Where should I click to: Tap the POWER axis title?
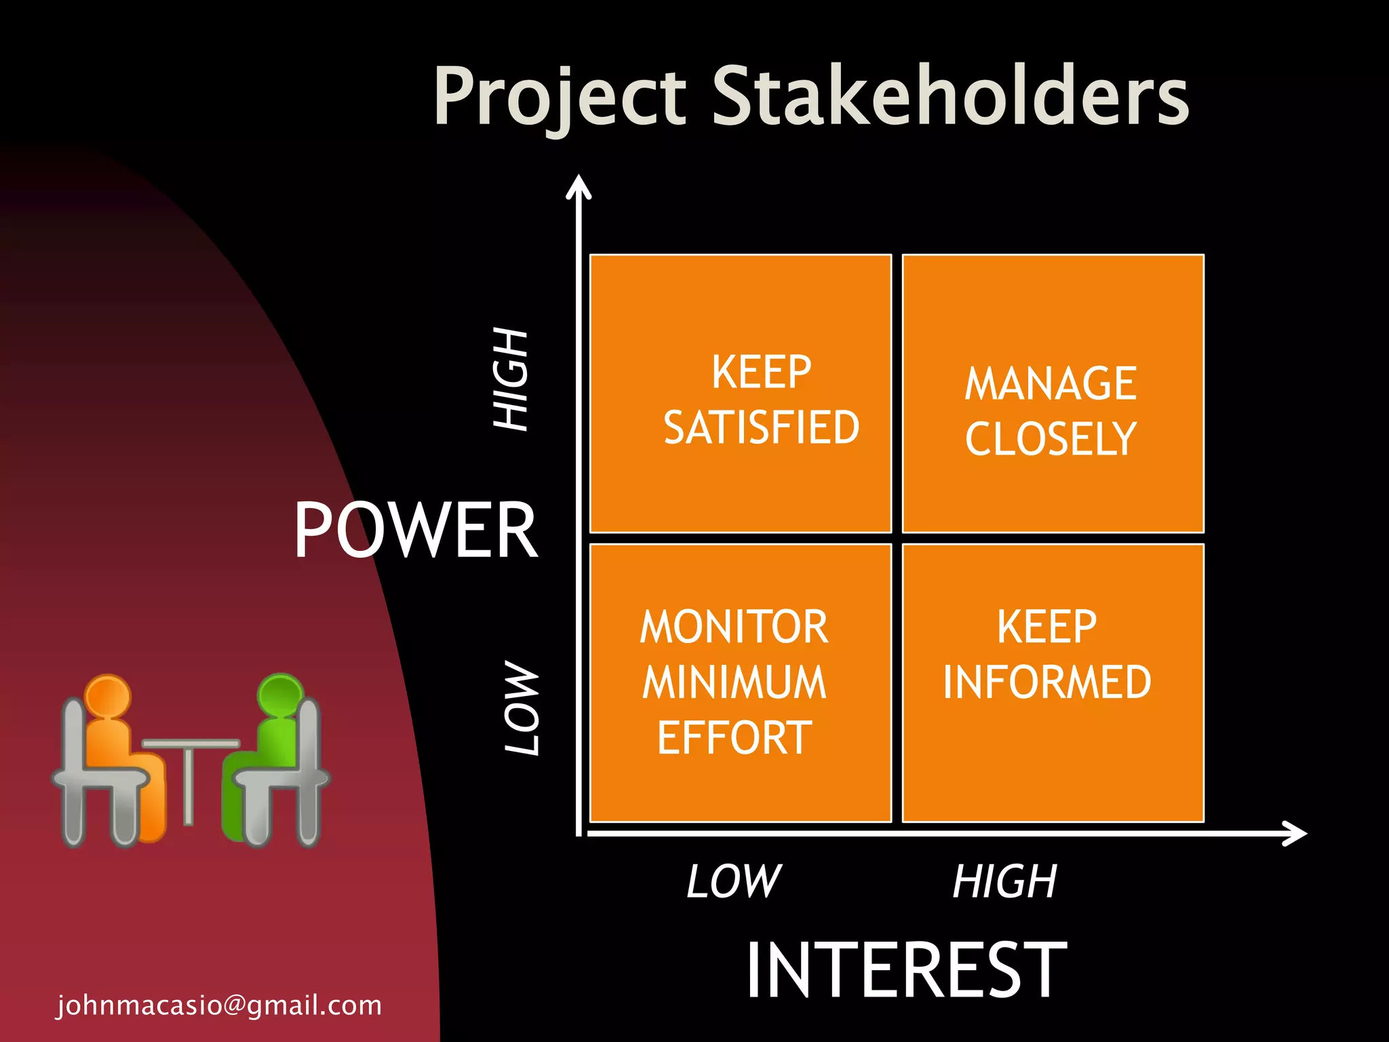pos(415,530)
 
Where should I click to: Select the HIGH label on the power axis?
pos(510,379)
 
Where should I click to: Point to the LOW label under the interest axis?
pos(734,881)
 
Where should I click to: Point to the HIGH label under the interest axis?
pos(1004,881)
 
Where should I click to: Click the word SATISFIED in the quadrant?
pos(761,427)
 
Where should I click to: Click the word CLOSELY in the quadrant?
pos(1050,439)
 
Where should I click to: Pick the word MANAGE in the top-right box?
pos(1050,383)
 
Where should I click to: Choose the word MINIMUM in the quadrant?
pos(735,682)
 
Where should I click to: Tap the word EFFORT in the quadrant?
pos(735,737)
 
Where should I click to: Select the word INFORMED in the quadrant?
pos(1046,682)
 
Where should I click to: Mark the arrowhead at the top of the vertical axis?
pos(579,186)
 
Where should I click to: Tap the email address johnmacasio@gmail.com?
pos(219,1005)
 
